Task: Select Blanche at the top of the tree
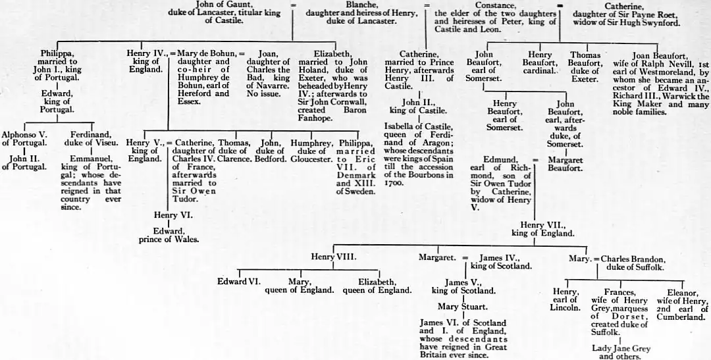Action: coord(361,4)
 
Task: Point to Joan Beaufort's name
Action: coord(660,56)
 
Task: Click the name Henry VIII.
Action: coord(334,257)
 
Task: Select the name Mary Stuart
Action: coord(463,306)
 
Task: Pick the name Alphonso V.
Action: coord(24,134)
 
